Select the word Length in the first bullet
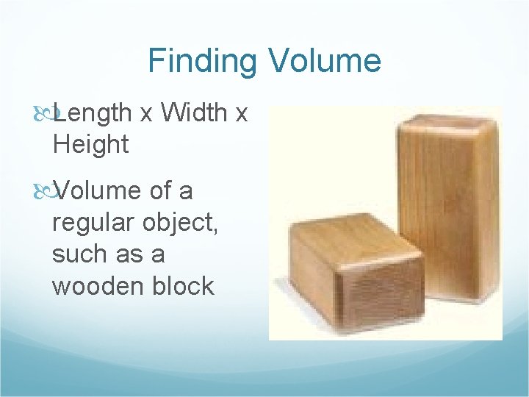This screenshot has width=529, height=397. pos(93,112)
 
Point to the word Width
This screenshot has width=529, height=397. pos(195,112)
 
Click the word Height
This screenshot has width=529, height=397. pos(90,144)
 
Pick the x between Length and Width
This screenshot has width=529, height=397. pos(146,114)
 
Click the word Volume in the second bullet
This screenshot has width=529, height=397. pos(98,191)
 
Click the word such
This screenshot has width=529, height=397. pos(81,254)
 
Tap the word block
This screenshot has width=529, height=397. pos(182,286)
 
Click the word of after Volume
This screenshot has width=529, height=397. pos(162,191)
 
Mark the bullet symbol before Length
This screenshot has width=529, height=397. pos(46,113)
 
